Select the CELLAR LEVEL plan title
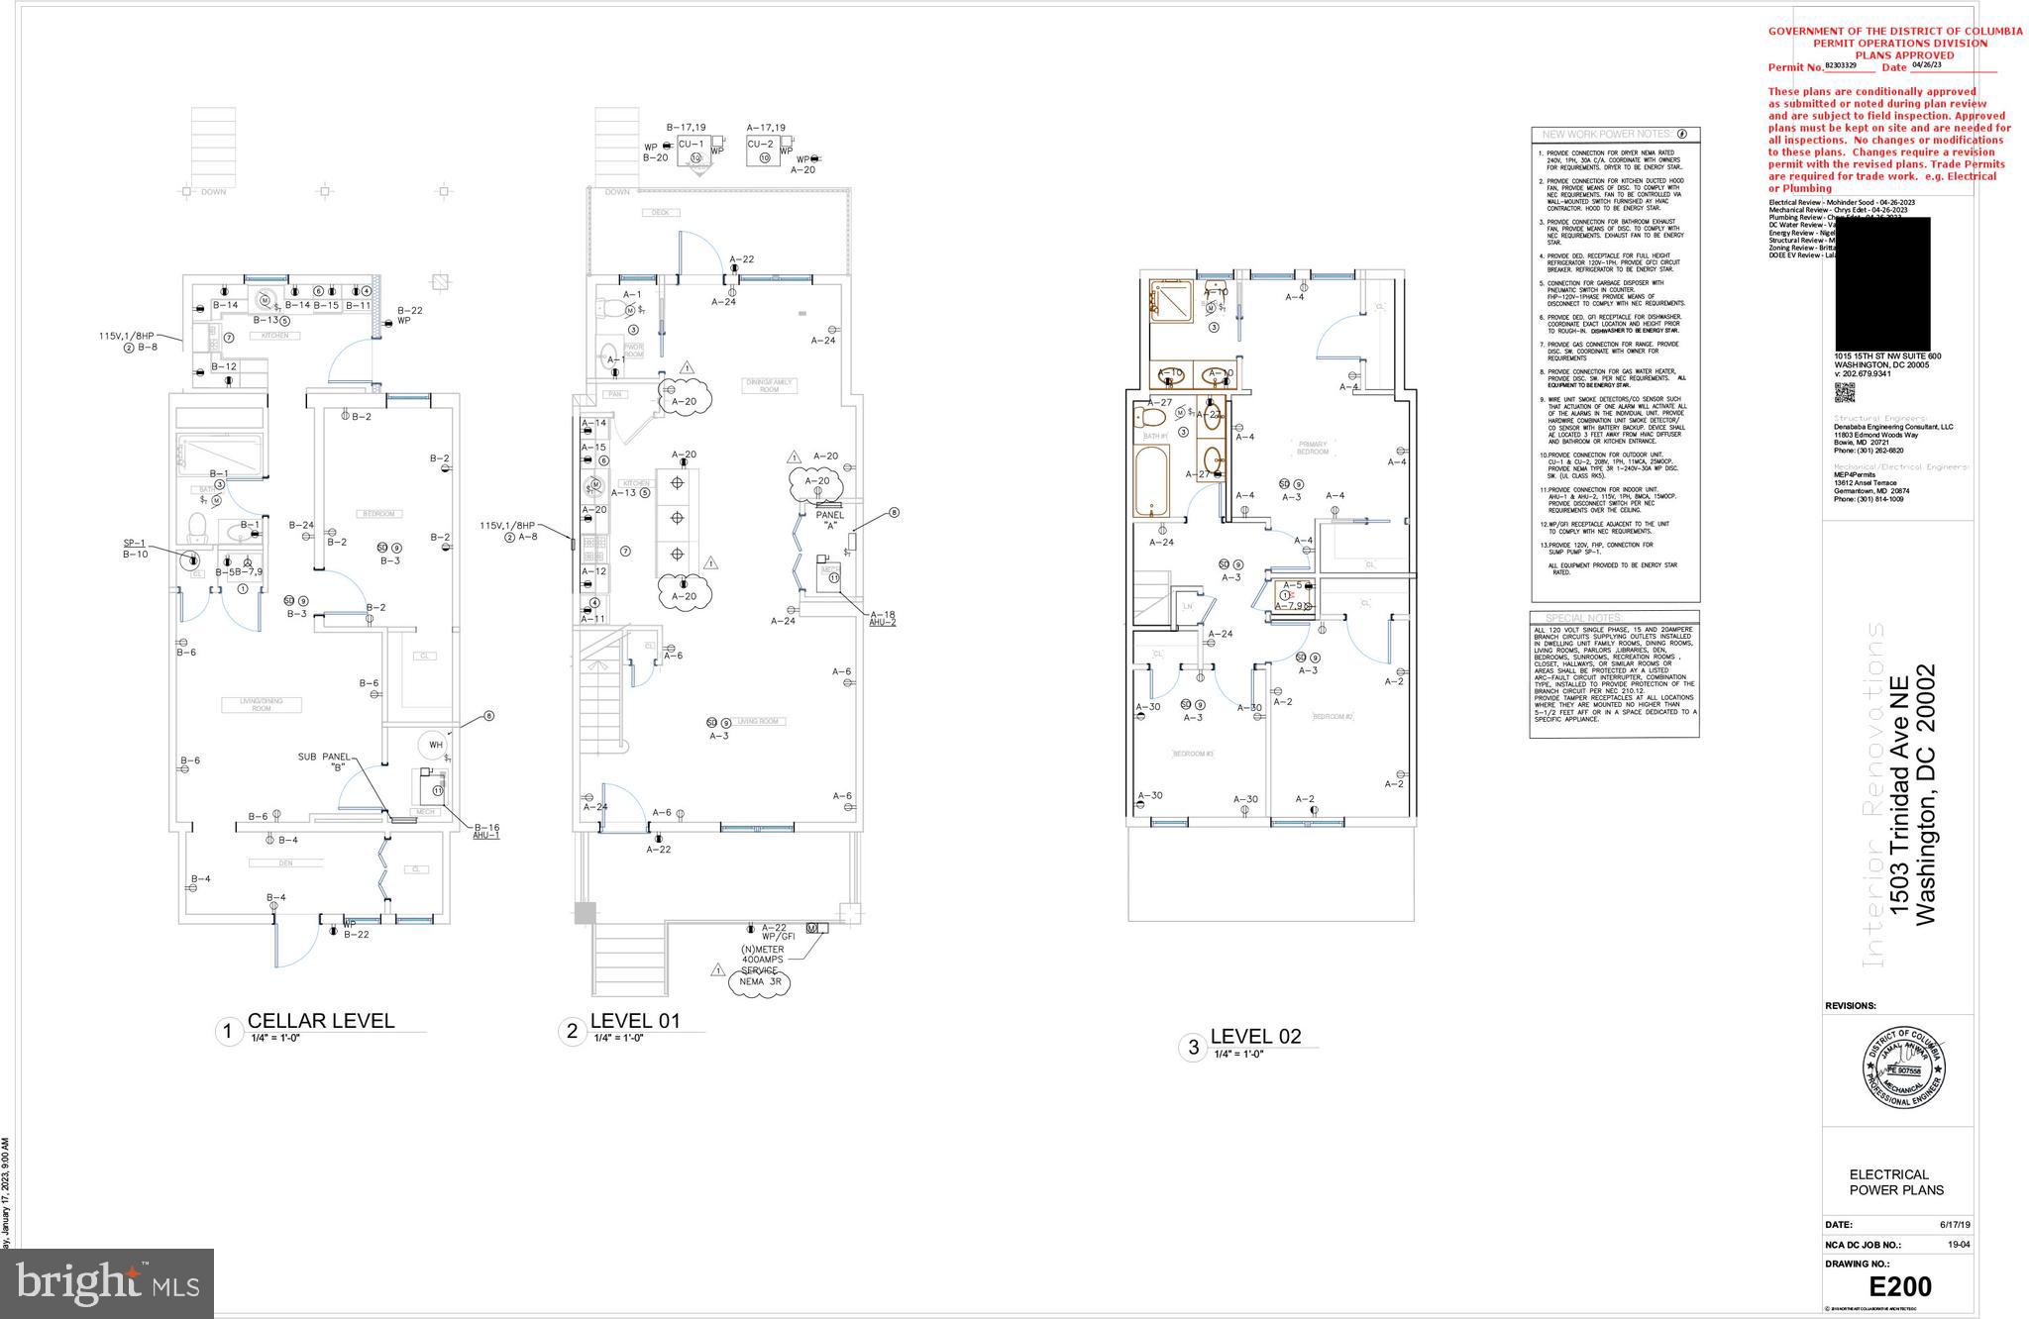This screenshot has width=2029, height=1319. pos(320,1021)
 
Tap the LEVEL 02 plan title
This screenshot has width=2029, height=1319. pos(1255,1037)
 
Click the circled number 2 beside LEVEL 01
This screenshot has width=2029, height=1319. pos(572,1032)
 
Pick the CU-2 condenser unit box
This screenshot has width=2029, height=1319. pos(762,151)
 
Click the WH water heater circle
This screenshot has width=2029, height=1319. pos(434,745)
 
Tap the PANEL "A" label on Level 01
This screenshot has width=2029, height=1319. pos(830,520)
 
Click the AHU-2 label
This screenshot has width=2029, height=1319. pos(882,622)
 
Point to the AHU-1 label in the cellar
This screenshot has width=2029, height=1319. pos(485,835)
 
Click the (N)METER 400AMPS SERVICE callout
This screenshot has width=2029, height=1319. pos(763,965)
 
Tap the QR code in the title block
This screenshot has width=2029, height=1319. pos(1844,392)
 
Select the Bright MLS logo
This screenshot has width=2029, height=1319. pos(107,1283)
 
